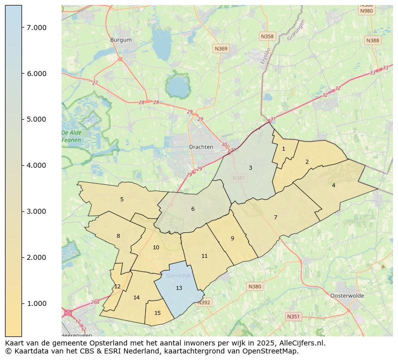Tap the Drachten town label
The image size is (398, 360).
201,147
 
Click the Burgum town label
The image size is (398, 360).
121,40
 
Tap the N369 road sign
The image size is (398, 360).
221,49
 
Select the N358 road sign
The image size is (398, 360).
267,37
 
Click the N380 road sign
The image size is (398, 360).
254,287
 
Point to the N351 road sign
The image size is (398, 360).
293,316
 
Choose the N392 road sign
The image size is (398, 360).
204,302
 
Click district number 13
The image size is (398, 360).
179,288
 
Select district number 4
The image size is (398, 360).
333,185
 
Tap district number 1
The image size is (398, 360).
283,149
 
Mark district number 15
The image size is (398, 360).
158,313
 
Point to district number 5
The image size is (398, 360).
122,199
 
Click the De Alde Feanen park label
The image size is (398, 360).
71,136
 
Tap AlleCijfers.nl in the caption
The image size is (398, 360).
300,343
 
